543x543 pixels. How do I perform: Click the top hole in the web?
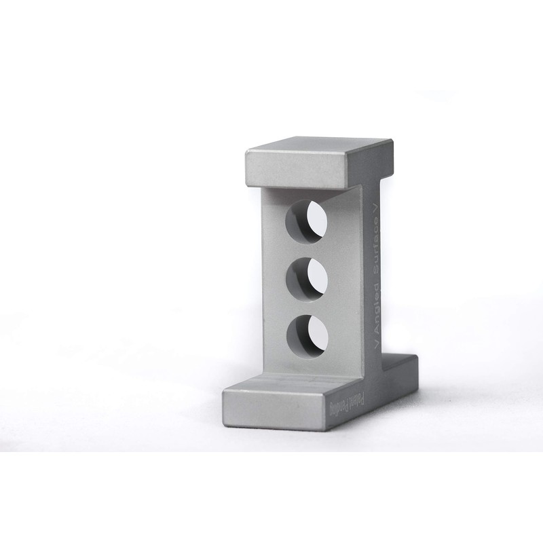coord(306,222)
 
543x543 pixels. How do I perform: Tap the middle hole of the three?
coord(307,279)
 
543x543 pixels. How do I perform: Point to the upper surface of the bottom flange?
coord(285,384)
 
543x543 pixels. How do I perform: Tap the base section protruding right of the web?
coord(400,370)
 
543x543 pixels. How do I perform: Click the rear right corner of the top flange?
coord(392,141)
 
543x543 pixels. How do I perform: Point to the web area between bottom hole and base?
coord(309,367)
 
